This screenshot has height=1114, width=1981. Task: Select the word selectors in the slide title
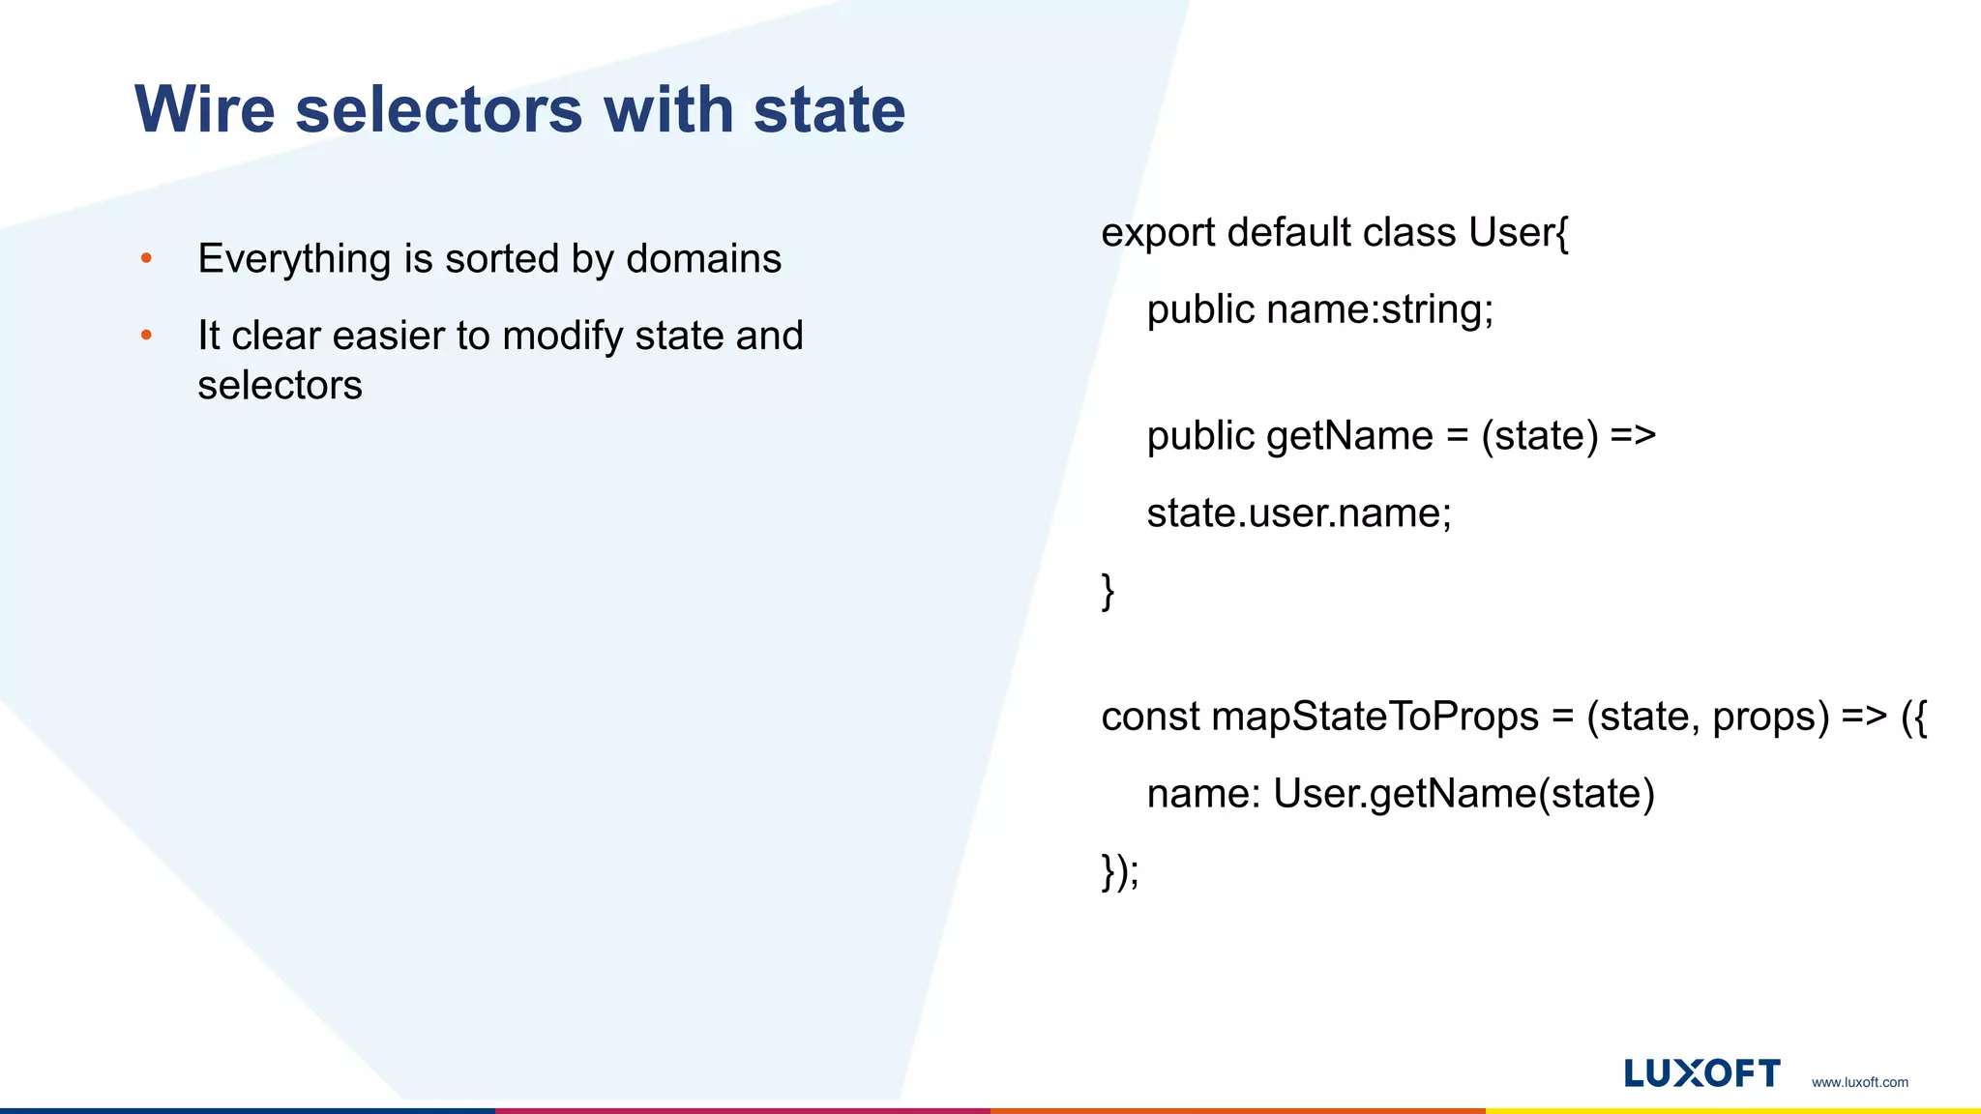(439, 109)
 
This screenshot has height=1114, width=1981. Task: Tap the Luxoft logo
(1701, 1073)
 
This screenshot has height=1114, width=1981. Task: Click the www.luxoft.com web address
(1859, 1082)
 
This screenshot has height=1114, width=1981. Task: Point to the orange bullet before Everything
(146, 258)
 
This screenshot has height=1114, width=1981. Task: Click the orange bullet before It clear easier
(146, 336)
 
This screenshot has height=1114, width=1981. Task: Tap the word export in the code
(1158, 233)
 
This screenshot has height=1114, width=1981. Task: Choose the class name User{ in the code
(1519, 233)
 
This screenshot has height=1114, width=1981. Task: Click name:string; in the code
(1380, 310)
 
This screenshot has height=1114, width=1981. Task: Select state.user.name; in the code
(1299, 513)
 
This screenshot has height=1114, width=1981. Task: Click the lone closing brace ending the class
(1109, 591)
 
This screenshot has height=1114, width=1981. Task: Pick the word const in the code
(1150, 717)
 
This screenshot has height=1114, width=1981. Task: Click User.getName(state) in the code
(1464, 794)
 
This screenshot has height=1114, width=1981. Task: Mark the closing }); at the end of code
(1120, 871)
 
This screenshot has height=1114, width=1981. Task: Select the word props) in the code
(1771, 718)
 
